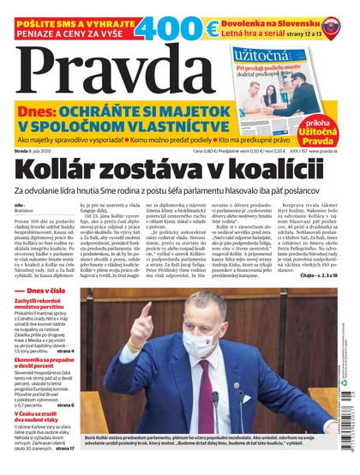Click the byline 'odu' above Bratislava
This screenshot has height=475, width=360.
(x=19, y=207)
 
